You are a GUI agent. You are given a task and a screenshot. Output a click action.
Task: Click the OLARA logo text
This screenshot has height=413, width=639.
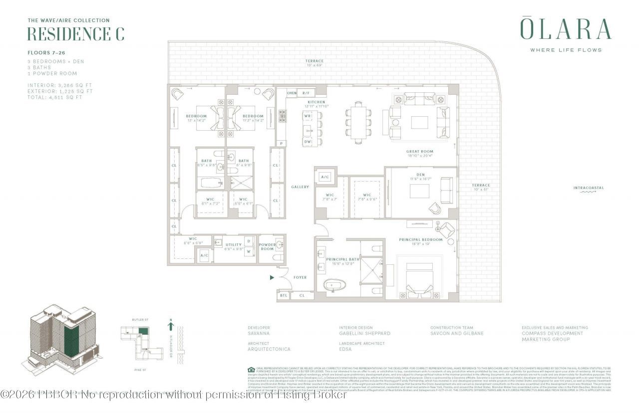pos(566,29)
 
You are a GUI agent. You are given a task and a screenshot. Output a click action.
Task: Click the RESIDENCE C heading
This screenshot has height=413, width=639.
pos(75,34)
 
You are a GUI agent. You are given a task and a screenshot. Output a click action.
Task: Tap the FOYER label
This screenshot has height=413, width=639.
pos(300,277)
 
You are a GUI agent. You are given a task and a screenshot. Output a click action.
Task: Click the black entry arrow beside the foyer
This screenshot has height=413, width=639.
pos(272,277)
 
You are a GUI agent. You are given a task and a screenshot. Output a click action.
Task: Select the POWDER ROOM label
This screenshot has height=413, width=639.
pos(267,246)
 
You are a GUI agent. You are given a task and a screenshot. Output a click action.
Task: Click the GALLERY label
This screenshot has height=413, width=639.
pos(301,187)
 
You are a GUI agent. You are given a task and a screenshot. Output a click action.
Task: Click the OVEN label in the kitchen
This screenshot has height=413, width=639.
pos(292,93)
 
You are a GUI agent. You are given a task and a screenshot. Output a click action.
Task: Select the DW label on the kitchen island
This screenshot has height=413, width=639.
pos(308,142)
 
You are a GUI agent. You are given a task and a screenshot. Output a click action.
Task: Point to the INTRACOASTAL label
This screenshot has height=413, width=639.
pos(588,188)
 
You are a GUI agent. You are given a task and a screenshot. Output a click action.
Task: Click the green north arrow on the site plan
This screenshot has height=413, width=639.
pos(171,327)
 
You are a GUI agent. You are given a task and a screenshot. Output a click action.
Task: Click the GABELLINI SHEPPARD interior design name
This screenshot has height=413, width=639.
pos(364,333)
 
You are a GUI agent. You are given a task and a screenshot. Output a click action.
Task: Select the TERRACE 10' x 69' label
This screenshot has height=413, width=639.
pos(315,63)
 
